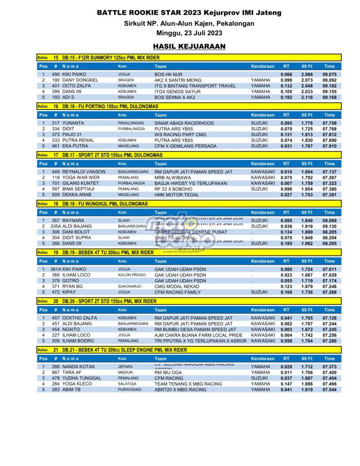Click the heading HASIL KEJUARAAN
click(189, 46)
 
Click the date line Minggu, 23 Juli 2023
click(189, 33)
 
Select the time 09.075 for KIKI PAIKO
click(329, 74)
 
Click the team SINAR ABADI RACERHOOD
click(184, 123)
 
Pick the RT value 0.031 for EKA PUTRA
click(286, 146)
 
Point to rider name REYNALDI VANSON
click(84, 172)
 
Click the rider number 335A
click(56, 226)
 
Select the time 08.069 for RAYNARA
click(329, 220)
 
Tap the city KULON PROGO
click(132, 275)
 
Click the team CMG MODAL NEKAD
click(177, 286)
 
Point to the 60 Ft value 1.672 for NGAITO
click(307, 329)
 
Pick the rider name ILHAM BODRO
click(80, 341)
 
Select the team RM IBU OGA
click(168, 372)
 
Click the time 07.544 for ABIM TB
click(329, 390)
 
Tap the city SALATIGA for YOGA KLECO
click(128, 384)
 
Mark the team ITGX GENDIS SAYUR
click(177, 91)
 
